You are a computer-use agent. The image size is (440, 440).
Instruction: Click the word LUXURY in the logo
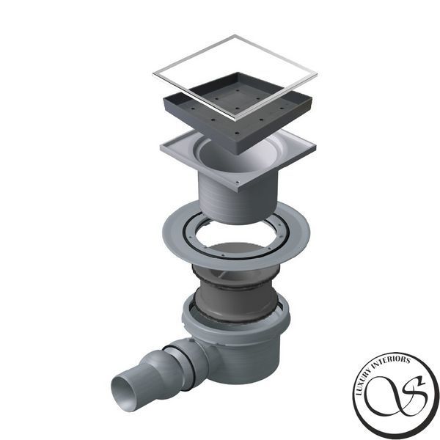pos(362,381)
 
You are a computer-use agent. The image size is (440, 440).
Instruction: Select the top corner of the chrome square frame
pos(235,35)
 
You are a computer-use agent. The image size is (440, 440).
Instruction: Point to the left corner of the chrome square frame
pos(153,74)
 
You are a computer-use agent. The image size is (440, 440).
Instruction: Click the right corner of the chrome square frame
pos(317,74)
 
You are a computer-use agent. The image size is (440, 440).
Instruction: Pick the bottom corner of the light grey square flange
pos(238,191)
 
